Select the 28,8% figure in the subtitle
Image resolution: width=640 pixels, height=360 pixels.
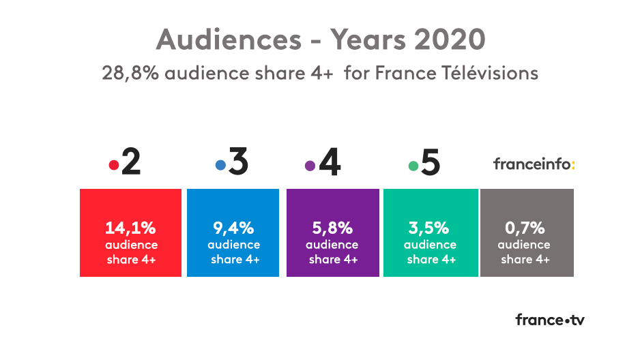[x=130, y=73]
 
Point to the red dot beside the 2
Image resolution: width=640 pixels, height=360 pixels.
[x=113, y=166]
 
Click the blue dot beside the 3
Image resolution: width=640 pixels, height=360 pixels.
[x=220, y=166]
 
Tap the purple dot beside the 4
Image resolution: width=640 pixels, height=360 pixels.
[x=310, y=166]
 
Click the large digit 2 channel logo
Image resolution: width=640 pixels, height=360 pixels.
[x=130, y=164]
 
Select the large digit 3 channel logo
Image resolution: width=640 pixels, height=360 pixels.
[x=238, y=164]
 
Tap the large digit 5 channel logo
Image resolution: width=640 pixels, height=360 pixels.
[x=431, y=164]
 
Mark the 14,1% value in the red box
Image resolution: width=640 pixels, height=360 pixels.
[x=131, y=228]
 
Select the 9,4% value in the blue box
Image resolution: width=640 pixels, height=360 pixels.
[x=233, y=228]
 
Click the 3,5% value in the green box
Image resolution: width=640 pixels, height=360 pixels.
[x=431, y=228]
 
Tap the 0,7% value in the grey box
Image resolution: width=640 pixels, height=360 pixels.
[x=526, y=228]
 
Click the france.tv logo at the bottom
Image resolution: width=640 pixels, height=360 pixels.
[x=549, y=320]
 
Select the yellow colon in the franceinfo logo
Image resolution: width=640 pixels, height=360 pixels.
[x=572, y=164]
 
